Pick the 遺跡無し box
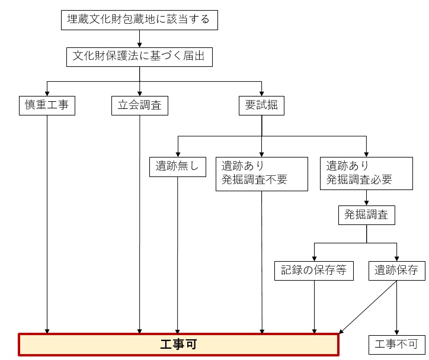click(177, 167)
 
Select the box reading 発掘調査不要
click(262, 173)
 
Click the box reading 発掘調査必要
click(366, 173)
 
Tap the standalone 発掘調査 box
click(366, 215)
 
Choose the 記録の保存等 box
click(314, 271)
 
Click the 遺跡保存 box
click(396, 271)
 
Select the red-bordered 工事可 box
click(178, 344)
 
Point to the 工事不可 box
click(396, 344)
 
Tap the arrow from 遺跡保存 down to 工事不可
click(396, 308)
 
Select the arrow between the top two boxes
click(140, 38)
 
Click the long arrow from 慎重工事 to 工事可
click(47, 225)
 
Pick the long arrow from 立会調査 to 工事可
click(140, 225)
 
